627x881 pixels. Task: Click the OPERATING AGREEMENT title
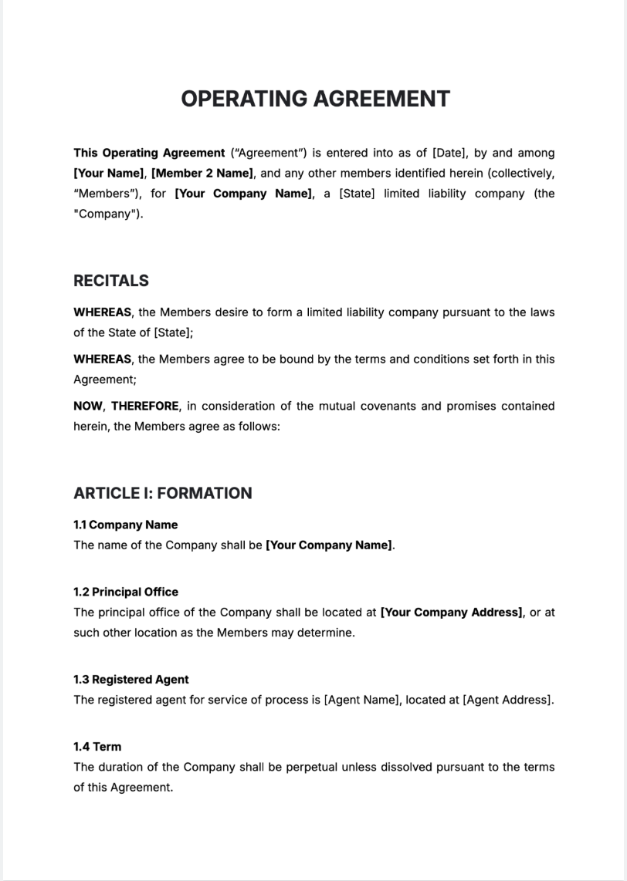315,99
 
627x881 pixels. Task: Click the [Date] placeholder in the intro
449,153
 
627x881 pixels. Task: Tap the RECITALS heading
111,281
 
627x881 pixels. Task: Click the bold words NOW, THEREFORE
127,406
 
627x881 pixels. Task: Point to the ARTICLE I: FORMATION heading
162,493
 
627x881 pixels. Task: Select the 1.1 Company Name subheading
125,525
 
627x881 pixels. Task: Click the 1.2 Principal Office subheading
125,592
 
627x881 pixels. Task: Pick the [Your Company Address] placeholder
452,612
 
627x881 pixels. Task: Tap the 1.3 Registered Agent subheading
130,679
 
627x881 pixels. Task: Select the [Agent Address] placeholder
507,700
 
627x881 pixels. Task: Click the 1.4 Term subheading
97,746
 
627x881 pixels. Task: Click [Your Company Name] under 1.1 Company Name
329,545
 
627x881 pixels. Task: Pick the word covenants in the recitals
388,406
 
